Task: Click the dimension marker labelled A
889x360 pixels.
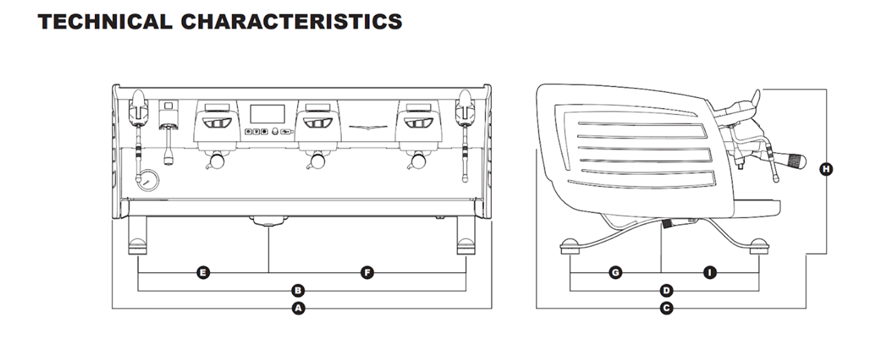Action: pos(298,308)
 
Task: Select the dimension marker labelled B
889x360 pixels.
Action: pos(298,290)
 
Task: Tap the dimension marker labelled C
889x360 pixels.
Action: pos(666,308)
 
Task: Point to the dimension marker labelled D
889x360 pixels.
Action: pos(666,290)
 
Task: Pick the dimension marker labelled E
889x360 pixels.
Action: pos(203,272)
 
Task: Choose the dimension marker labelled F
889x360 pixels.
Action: pos(367,272)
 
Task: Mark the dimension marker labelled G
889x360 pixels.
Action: pos(615,272)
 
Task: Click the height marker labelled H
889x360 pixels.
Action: pos(826,170)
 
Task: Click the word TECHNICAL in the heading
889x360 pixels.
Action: pos(105,21)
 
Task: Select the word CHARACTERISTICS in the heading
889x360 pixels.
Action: pos(291,21)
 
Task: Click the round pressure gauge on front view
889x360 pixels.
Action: pos(147,179)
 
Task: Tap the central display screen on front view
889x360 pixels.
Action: pos(267,113)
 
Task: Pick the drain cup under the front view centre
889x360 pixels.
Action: pos(268,221)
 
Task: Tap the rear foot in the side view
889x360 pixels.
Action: pos(570,246)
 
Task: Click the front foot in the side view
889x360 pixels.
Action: pos(758,246)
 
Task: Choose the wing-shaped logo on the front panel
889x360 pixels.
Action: pos(368,126)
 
